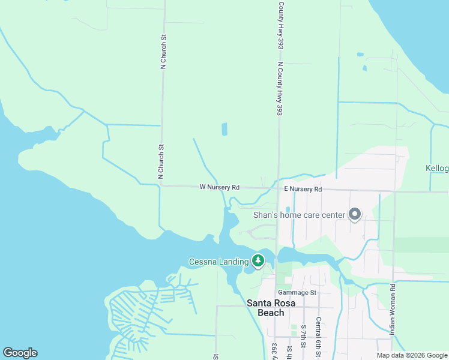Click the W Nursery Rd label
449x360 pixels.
point(220,187)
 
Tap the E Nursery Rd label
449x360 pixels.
point(303,189)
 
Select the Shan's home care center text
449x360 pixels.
point(300,215)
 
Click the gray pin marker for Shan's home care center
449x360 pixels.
point(354,214)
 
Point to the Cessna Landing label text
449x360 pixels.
point(218,262)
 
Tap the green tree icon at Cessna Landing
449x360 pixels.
point(258,260)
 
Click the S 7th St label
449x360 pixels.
point(304,338)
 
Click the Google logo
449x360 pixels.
point(20,353)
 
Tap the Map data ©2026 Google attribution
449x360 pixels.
point(412,355)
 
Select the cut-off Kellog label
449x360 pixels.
point(437,168)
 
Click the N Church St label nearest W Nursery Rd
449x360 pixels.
point(161,161)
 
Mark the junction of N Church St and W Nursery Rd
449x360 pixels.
point(160,186)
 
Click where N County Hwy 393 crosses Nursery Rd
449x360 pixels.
point(277,188)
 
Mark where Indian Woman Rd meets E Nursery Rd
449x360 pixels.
point(394,192)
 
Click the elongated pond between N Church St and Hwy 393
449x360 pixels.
point(224,129)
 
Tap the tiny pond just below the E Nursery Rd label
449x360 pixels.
point(287,209)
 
